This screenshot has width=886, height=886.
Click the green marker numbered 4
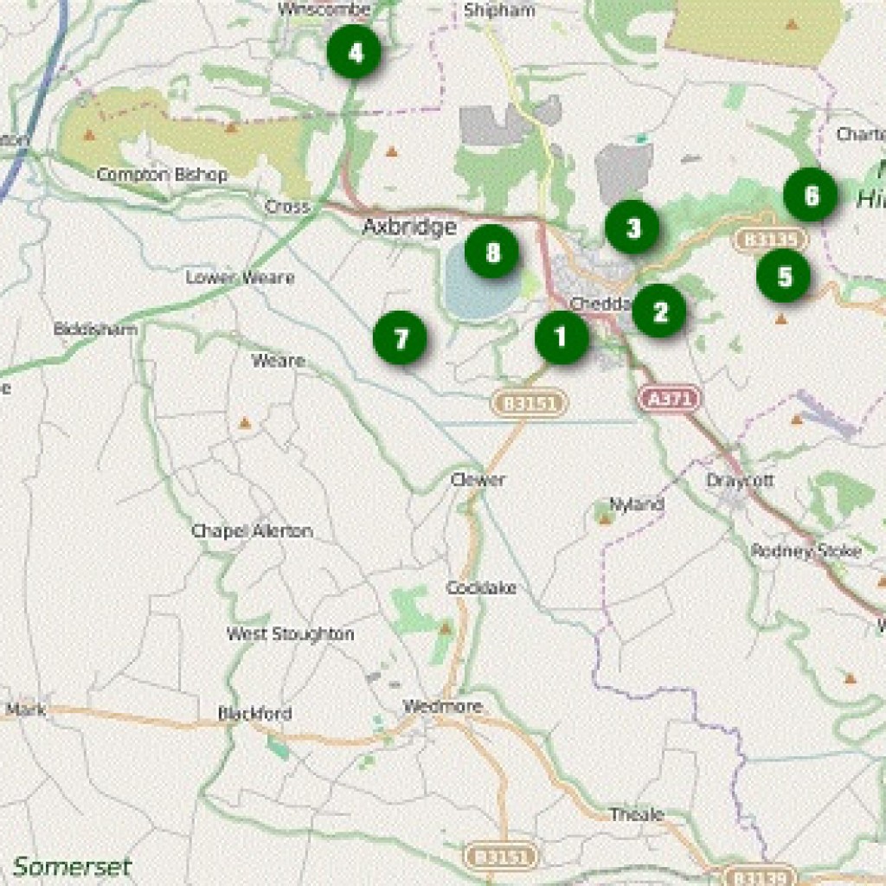click(355, 53)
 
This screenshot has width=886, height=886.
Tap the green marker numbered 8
click(491, 252)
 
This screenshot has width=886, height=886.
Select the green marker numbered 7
click(400, 337)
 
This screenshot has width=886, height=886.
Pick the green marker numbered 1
click(562, 337)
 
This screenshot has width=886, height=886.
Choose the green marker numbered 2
click(659, 311)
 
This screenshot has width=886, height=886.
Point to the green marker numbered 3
click(632, 228)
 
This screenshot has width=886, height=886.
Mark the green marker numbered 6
click(811, 195)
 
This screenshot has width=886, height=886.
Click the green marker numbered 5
click(783, 276)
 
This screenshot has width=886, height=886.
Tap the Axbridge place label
click(409, 228)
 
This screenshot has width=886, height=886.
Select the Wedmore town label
click(443, 707)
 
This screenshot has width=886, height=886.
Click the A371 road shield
click(671, 398)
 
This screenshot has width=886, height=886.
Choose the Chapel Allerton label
click(252, 531)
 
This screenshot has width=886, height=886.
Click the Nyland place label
click(637, 504)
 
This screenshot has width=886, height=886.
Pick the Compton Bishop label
click(162, 175)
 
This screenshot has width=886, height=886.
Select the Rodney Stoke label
click(806, 551)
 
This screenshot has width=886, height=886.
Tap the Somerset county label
click(72, 866)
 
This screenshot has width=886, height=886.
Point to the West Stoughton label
click(290, 634)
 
